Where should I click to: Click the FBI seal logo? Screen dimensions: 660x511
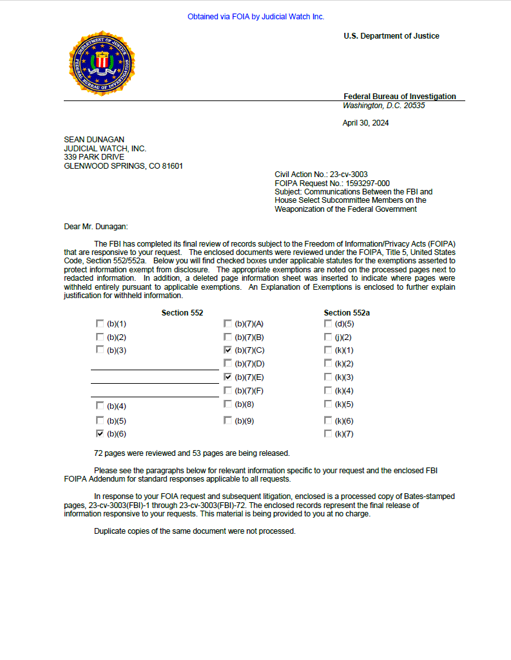(102, 63)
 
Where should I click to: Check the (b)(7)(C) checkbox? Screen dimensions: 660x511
(227, 350)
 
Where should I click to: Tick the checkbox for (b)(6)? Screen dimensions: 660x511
(99, 434)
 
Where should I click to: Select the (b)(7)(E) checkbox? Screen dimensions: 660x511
(227, 377)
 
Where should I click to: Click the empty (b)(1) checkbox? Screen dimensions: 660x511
(99, 324)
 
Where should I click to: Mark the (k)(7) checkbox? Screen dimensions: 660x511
(328, 434)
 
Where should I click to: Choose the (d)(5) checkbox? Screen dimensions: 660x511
(328, 324)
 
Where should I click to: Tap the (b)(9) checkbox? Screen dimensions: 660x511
(227, 420)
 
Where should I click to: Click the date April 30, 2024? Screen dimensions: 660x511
(365, 123)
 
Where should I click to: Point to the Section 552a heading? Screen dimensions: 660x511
(347, 313)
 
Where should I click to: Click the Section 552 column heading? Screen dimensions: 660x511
(182, 313)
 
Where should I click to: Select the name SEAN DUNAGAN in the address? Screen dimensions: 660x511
(94, 140)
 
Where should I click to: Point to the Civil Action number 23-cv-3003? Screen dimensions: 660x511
(349, 174)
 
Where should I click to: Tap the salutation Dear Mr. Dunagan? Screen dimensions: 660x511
(96, 226)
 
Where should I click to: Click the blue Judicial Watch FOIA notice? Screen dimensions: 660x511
(256, 17)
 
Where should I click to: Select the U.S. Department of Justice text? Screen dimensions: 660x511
(391, 36)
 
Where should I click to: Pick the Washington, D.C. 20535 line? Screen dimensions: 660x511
(383, 106)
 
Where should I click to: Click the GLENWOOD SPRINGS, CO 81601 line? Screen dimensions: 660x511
(123, 166)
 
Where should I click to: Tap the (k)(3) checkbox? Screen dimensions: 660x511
(328, 377)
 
